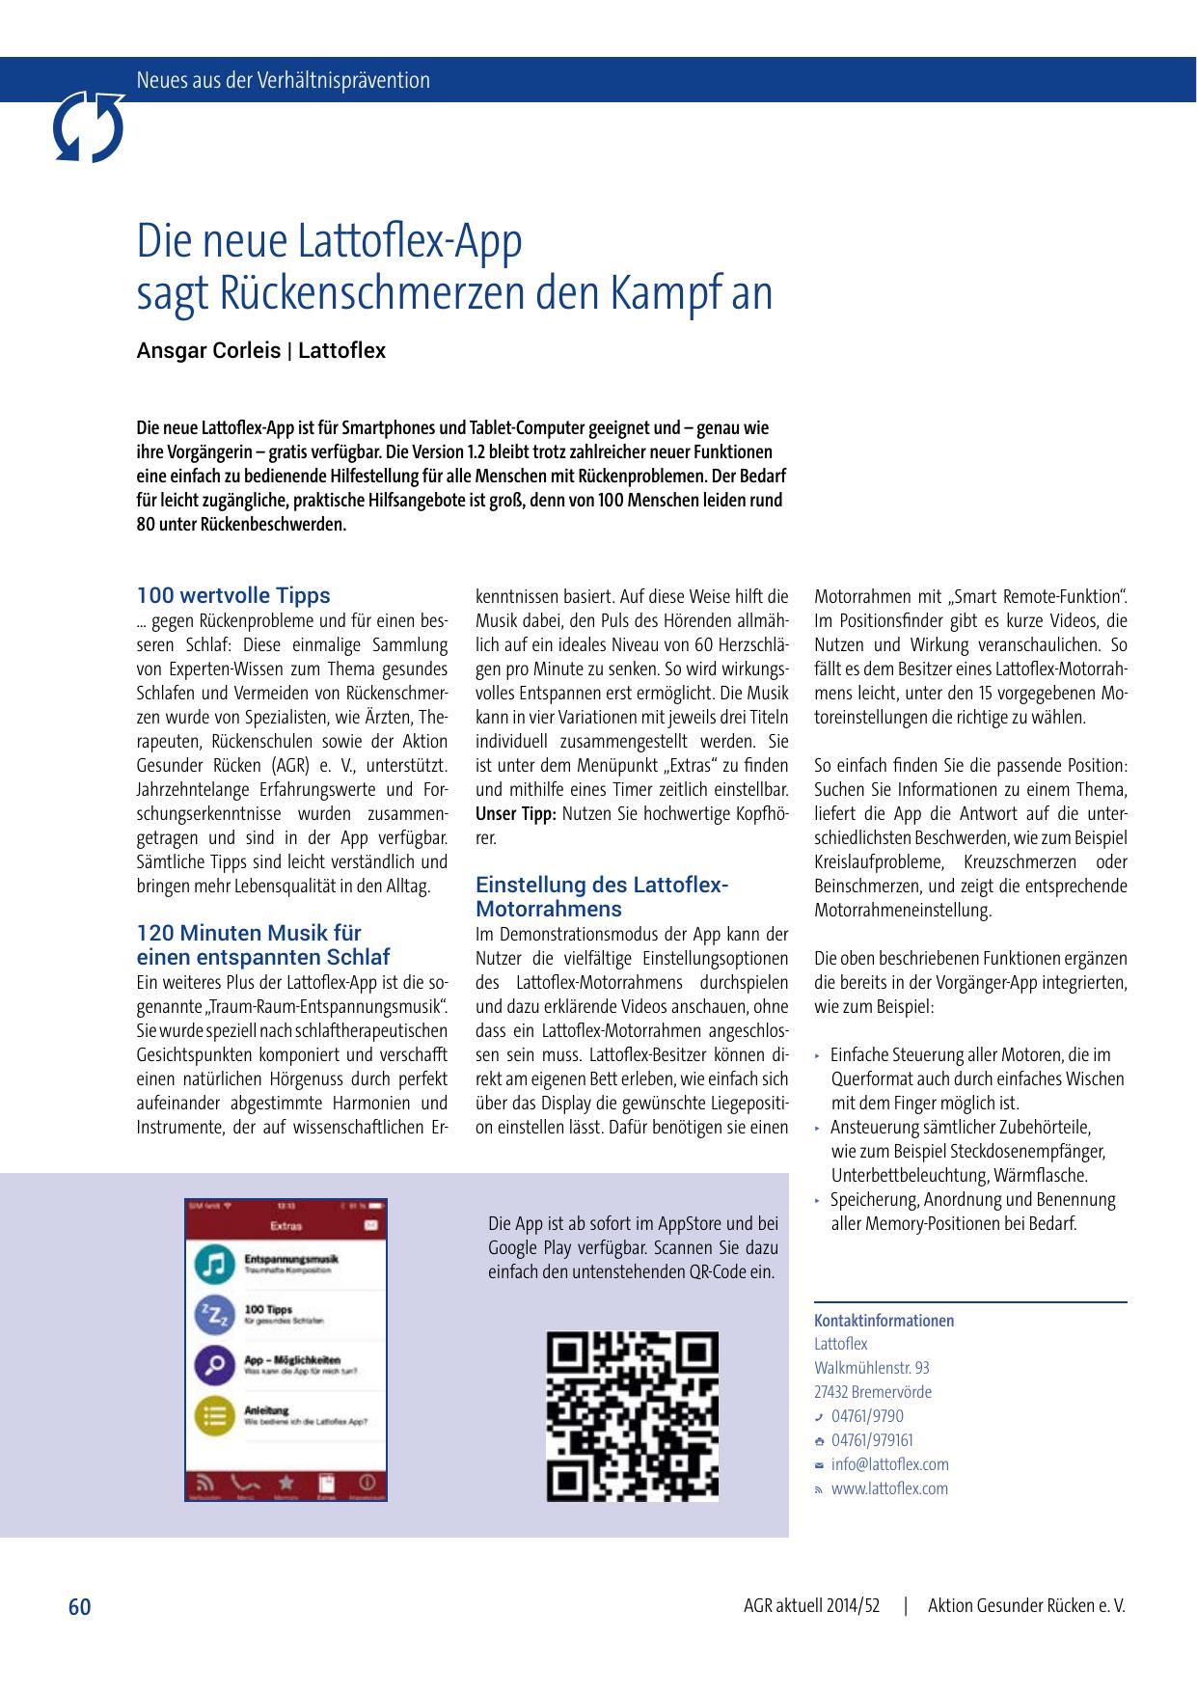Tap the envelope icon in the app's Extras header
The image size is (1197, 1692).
click(x=370, y=1225)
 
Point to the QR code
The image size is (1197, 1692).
click(x=633, y=1416)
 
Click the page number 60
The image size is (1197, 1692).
click(x=79, y=1607)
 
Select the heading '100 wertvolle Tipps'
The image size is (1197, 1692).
click(x=233, y=595)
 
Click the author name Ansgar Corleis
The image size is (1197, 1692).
click(x=207, y=351)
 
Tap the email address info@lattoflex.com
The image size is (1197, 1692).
click(x=889, y=1464)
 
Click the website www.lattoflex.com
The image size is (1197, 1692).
click(x=889, y=1488)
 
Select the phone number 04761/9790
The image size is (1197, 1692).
click(x=867, y=1416)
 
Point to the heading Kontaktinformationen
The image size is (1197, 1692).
click(x=884, y=1321)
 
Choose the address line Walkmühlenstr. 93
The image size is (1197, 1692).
click(x=872, y=1368)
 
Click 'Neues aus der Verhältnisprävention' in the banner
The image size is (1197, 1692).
click(x=284, y=80)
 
